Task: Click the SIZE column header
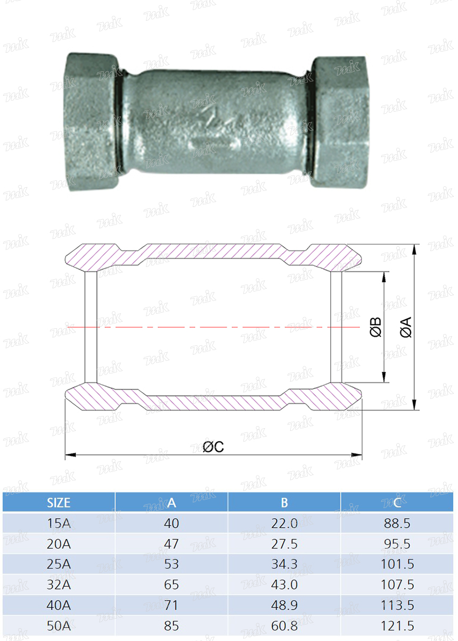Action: click(x=59, y=503)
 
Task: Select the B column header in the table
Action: click(x=284, y=503)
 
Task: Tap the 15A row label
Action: click(x=59, y=523)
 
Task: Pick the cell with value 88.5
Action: click(x=397, y=523)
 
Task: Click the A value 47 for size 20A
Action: click(x=171, y=544)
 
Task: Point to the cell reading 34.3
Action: click(x=284, y=564)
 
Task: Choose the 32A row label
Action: click(x=59, y=585)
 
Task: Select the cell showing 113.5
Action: click(x=397, y=605)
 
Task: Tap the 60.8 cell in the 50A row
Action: click(x=284, y=626)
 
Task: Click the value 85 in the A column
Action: click(x=171, y=626)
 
